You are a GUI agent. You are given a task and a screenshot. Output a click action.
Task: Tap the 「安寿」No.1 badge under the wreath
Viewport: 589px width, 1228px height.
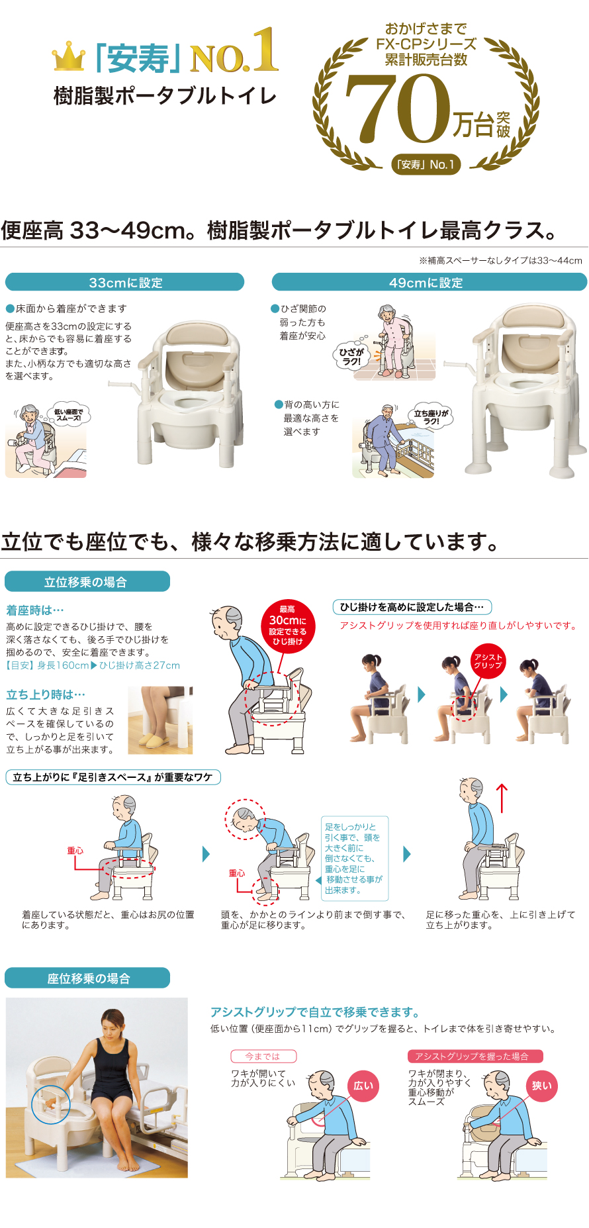(426, 164)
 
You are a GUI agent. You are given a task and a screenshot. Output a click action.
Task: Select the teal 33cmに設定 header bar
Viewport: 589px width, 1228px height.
(125, 283)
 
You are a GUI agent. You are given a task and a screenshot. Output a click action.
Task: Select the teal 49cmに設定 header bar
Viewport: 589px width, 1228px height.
(429, 283)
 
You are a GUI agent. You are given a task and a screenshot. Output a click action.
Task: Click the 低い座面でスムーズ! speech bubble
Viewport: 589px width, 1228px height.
(69, 415)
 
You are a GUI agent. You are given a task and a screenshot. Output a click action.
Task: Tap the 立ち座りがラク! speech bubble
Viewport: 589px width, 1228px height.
(431, 417)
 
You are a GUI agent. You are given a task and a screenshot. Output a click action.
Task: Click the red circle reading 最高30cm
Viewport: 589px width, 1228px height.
(287, 626)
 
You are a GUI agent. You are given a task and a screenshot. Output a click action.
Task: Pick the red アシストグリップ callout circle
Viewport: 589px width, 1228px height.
(488, 661)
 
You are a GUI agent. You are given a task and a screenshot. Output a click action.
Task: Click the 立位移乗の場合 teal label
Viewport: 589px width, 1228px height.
(87, 582)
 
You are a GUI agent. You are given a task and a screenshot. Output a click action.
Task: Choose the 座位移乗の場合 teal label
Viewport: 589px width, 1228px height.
(87, 978)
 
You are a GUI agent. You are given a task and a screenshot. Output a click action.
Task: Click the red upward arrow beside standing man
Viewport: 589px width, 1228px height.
(502, 798)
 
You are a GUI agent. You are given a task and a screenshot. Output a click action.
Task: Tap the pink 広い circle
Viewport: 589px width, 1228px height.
(363, 1085)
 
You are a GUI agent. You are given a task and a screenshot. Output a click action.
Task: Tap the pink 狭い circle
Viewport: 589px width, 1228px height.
(541, 1085)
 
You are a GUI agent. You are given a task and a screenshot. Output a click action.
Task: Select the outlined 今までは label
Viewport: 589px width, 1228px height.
(263, 1056)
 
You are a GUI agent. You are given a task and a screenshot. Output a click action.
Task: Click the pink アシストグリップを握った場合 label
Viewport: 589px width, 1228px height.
(475, 1056)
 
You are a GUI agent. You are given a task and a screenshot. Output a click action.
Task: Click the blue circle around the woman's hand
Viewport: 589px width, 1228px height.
(51, 1104)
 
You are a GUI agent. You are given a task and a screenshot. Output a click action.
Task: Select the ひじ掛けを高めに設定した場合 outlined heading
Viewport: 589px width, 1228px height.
(412, 607)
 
